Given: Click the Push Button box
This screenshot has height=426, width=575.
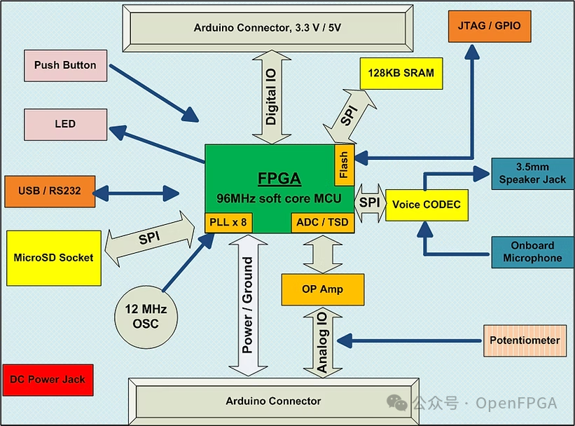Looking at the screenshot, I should (65, 65).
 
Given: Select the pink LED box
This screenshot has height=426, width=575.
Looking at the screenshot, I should (65, 124).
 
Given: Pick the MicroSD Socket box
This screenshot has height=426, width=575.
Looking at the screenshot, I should (53, 258).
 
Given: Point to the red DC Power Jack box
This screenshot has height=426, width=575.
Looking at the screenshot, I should (48, 380).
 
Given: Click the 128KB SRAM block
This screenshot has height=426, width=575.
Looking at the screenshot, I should (401, 73).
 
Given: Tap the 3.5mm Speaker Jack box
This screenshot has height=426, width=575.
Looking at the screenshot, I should (532, 174).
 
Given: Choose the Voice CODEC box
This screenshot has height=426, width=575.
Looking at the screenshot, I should (427, 205).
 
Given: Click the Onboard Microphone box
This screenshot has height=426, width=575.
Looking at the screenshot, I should (532, 252).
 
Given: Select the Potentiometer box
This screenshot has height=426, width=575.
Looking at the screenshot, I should (525, 341).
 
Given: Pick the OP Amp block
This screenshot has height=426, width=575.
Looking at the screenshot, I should (322, 289).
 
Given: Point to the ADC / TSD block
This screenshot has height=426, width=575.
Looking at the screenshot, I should (321, 223).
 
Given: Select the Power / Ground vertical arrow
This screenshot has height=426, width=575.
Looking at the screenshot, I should (247, 305).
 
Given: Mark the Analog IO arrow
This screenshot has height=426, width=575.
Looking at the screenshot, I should (321, 342).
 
